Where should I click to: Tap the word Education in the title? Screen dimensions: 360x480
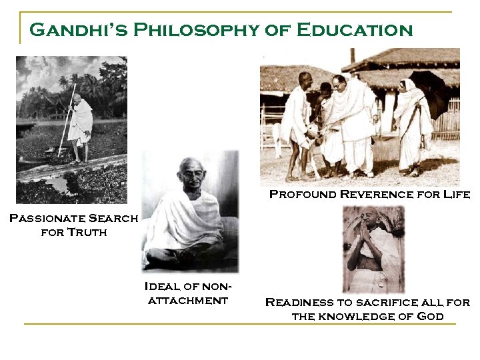354,31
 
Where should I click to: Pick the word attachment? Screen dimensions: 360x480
188,300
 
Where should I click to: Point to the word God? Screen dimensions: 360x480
429,316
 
